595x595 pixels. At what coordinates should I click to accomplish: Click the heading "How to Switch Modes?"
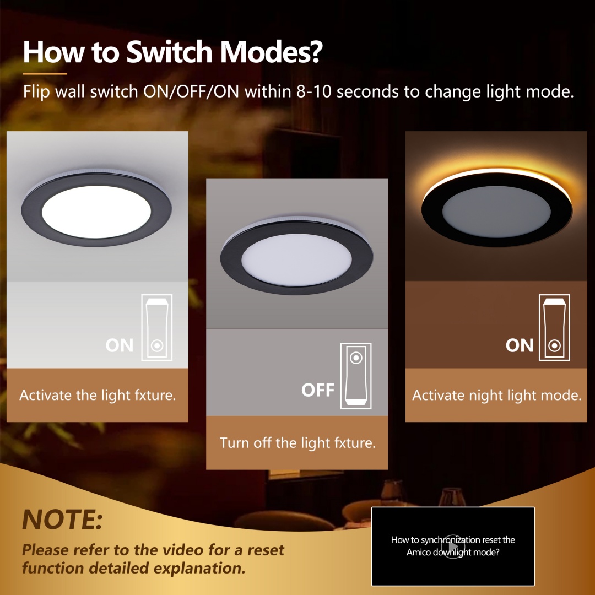172,52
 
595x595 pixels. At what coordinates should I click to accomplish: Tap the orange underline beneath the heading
45,73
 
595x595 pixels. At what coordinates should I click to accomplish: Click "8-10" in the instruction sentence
313,91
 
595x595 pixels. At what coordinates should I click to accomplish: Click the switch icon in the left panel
157,327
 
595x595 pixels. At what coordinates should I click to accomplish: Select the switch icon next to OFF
356,376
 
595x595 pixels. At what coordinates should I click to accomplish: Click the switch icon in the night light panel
554,327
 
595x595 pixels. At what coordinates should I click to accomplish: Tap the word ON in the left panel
120,345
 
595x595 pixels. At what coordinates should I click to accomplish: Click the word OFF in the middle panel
318,390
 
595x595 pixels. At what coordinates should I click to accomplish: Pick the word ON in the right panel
520,345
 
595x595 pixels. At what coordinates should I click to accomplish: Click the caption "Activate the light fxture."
98,395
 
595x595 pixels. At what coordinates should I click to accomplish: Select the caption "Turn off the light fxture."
297,443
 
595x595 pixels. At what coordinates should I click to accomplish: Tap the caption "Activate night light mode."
496,395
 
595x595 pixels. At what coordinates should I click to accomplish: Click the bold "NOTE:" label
62,519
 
